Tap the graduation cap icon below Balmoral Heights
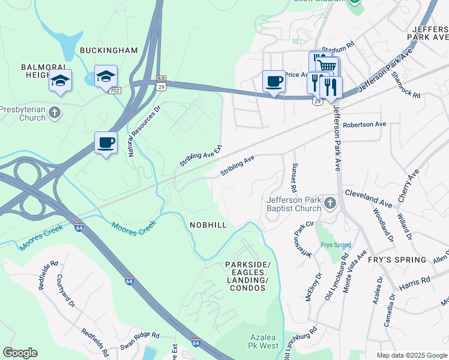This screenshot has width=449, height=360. [x=60, y=80]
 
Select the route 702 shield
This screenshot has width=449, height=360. [x=114, y=89]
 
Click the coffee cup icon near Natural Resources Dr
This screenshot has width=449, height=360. [x=106, y=143]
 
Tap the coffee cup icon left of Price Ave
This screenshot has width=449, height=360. [x=274, y=81]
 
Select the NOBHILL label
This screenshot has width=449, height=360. [x=208, y=224]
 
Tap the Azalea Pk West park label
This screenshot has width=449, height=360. [x=262, y=341]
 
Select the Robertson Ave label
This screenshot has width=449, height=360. [x=364, y=125]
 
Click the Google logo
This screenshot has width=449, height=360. [x=20, y=353]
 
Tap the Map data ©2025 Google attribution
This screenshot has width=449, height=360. [x=411, y=355]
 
